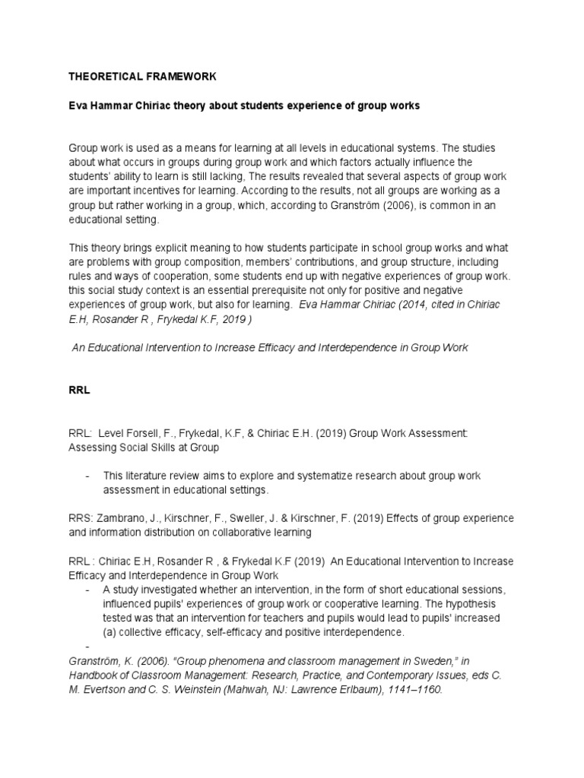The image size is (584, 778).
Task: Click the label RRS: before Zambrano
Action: [81, 518]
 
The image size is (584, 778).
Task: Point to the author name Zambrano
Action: [122, 518]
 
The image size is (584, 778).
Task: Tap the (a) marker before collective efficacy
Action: [111, 632]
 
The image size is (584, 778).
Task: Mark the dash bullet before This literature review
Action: [88, 476]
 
